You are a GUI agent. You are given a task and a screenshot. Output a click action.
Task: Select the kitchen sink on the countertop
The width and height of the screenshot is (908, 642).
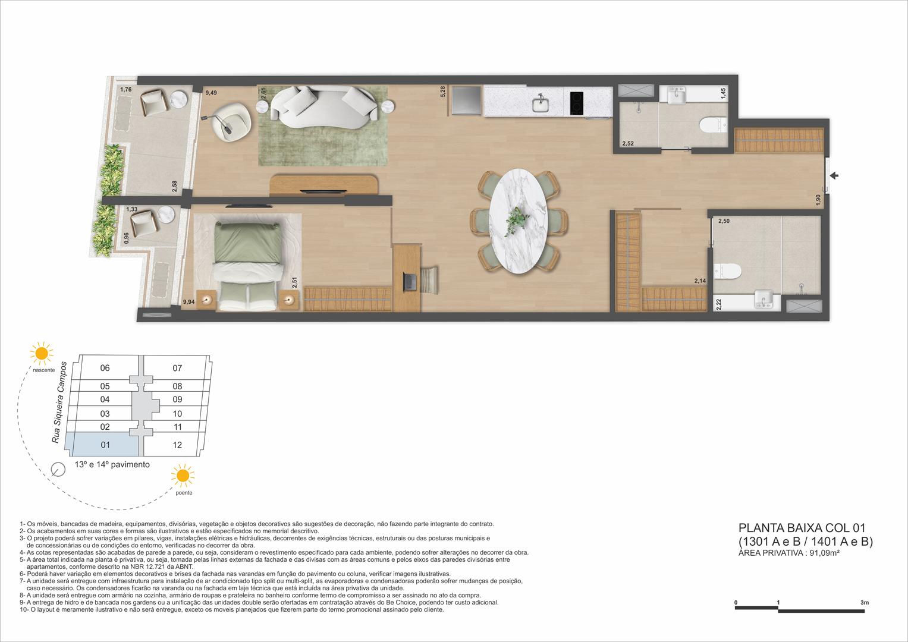[541, 104]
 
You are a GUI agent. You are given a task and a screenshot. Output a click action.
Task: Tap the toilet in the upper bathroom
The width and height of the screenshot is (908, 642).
[712, 125]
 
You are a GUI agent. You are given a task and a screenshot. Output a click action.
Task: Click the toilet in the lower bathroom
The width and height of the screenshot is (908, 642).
[728, 272]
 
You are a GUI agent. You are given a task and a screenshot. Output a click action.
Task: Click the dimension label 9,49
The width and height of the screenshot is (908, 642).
[211, 93]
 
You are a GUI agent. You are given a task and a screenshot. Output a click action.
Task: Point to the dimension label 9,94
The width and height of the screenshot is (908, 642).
[188, 302]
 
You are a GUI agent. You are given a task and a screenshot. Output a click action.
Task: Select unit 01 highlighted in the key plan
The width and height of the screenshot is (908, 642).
[105, 445]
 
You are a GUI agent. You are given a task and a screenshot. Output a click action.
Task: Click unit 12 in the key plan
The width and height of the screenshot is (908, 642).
[177, 445]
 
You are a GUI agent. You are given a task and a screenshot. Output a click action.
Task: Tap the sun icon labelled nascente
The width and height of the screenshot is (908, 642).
[42, 353]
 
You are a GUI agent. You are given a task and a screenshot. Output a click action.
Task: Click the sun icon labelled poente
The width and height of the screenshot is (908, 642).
[183, 476]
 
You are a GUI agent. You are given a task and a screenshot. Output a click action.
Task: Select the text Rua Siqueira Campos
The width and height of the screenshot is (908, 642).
[59, 401]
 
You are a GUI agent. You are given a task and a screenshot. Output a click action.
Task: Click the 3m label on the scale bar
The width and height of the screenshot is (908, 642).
[864, 603]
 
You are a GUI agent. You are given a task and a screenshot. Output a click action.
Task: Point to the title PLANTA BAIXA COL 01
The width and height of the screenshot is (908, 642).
[801, 527]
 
